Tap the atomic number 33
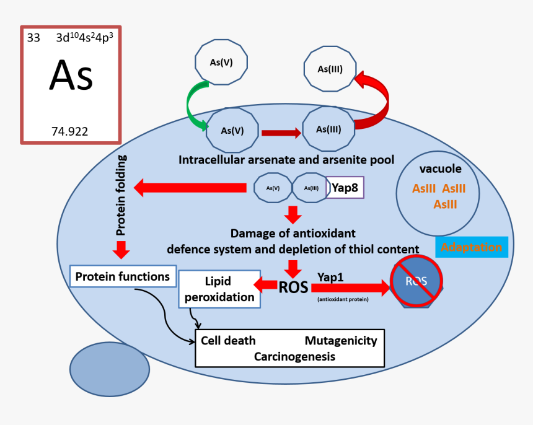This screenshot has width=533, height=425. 33,38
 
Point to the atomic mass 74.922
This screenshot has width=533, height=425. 69,131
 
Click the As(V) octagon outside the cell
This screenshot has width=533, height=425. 222,62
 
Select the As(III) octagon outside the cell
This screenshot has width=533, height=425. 330,69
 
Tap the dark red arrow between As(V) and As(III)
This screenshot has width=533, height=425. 281,132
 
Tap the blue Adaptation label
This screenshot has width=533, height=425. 471,247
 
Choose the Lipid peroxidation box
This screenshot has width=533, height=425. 219,289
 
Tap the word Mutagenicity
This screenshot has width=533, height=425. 340,341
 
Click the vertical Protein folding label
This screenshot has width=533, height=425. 121,196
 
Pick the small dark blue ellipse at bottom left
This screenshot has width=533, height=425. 109,370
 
